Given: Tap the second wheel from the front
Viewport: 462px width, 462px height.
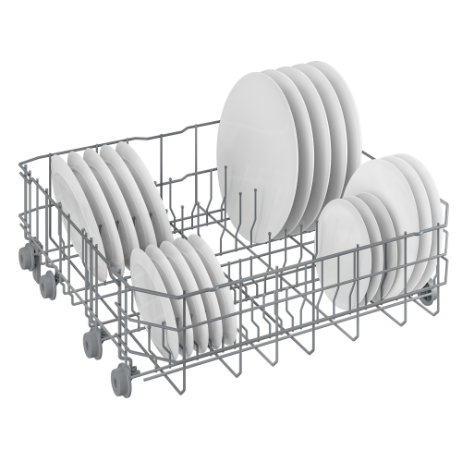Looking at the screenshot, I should point(93,342).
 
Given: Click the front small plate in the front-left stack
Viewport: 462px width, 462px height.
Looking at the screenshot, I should point(150,300).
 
